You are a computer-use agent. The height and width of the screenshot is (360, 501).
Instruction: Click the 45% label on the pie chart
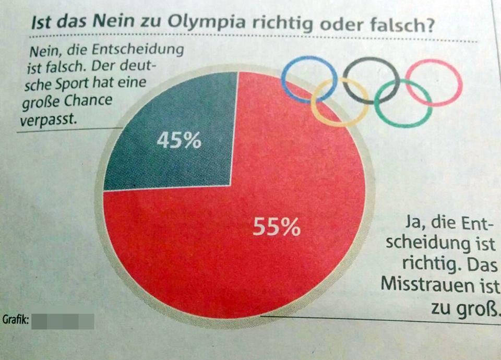tap(178, 141)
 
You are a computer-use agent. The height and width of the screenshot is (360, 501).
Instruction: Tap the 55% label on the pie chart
tap(277, 227)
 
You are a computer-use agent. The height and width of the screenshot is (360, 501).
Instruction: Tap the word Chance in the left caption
tap(87, 101)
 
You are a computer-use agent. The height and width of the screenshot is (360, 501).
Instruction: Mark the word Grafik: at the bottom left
tap(15, 319)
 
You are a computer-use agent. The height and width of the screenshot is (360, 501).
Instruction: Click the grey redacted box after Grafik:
tap(63, 321)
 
